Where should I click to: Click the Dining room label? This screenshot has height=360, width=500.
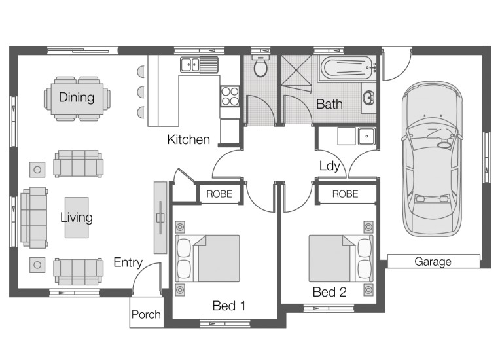click(x=77, y=98)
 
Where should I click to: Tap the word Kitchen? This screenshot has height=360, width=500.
click(x=188, y=139)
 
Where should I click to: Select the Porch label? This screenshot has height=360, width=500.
click(x=146, y=314)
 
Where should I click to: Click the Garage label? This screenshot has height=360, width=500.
click(x=433, y=261)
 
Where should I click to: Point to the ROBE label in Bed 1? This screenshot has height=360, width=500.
click(x=219, y=194)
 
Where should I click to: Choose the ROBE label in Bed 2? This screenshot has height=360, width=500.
click(x=345, y=194)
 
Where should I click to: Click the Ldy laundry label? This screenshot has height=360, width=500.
click(x=330, y=166)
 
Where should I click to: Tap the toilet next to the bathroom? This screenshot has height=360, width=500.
click(x=260, y=66)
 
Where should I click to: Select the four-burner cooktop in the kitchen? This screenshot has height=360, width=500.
click(x=230, y=96)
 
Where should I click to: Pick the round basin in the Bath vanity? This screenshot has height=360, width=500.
click(x=369, y=98)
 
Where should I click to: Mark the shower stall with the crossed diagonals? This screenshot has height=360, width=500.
click(x=296, y=70)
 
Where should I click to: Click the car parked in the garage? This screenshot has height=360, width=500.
click(x=432, y=158)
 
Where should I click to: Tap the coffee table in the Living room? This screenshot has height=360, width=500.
click(x=77, y=217)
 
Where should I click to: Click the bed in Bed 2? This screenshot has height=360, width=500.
click(x=340, y=259)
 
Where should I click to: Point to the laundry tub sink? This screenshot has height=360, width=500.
click(x=366, y=136)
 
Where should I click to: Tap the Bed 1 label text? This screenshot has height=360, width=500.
click(x=229, y=306)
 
